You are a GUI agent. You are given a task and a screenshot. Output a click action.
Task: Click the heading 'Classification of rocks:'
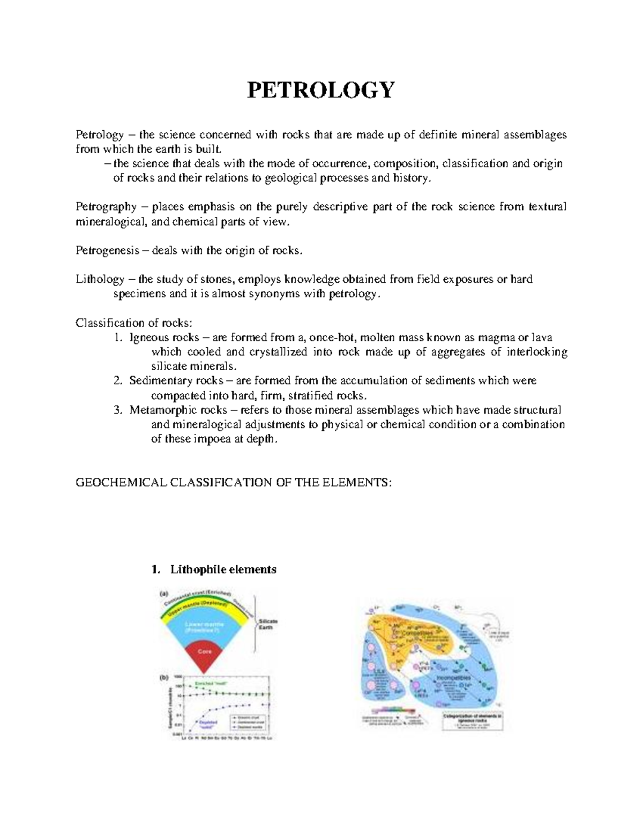[133, 323]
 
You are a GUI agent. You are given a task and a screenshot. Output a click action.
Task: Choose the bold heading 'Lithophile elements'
[223, 569]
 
